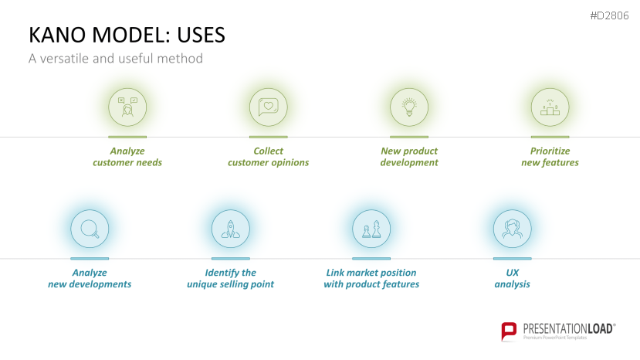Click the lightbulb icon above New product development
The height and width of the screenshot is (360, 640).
(409, 107)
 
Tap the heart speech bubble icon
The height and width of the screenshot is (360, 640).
(268, 107)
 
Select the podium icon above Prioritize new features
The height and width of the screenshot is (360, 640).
(550, 107)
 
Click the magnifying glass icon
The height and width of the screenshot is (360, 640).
(90, 229)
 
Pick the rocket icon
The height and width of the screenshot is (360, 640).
(231, 229)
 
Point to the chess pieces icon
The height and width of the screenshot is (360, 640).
(371, 229)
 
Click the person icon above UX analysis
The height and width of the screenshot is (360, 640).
(513, 229)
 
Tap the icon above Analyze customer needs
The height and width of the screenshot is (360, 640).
(127, 107)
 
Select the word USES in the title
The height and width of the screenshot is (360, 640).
(201, 35)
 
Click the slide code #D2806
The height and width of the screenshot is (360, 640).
(609, 15)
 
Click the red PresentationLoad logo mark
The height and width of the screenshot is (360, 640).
(509, 331)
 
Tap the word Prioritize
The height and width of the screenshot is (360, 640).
(550, 151)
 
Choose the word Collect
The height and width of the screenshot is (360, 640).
(268, 151)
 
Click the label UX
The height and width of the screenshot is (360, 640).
(513, 273)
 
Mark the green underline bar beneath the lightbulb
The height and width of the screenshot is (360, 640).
(409, 137)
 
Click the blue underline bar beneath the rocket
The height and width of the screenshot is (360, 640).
(231, 259)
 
